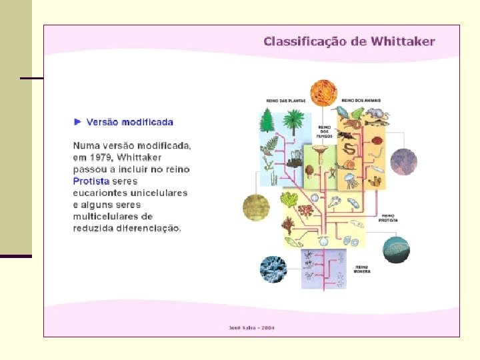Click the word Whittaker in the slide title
tap(402, 41)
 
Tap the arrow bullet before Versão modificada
tap(77, 121)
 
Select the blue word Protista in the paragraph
tap(91, 181)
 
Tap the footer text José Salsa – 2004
tap(251, 327)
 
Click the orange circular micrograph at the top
tap(323, 93)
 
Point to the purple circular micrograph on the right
tap(403, 162)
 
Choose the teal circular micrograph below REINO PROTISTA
tap(395, 249)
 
